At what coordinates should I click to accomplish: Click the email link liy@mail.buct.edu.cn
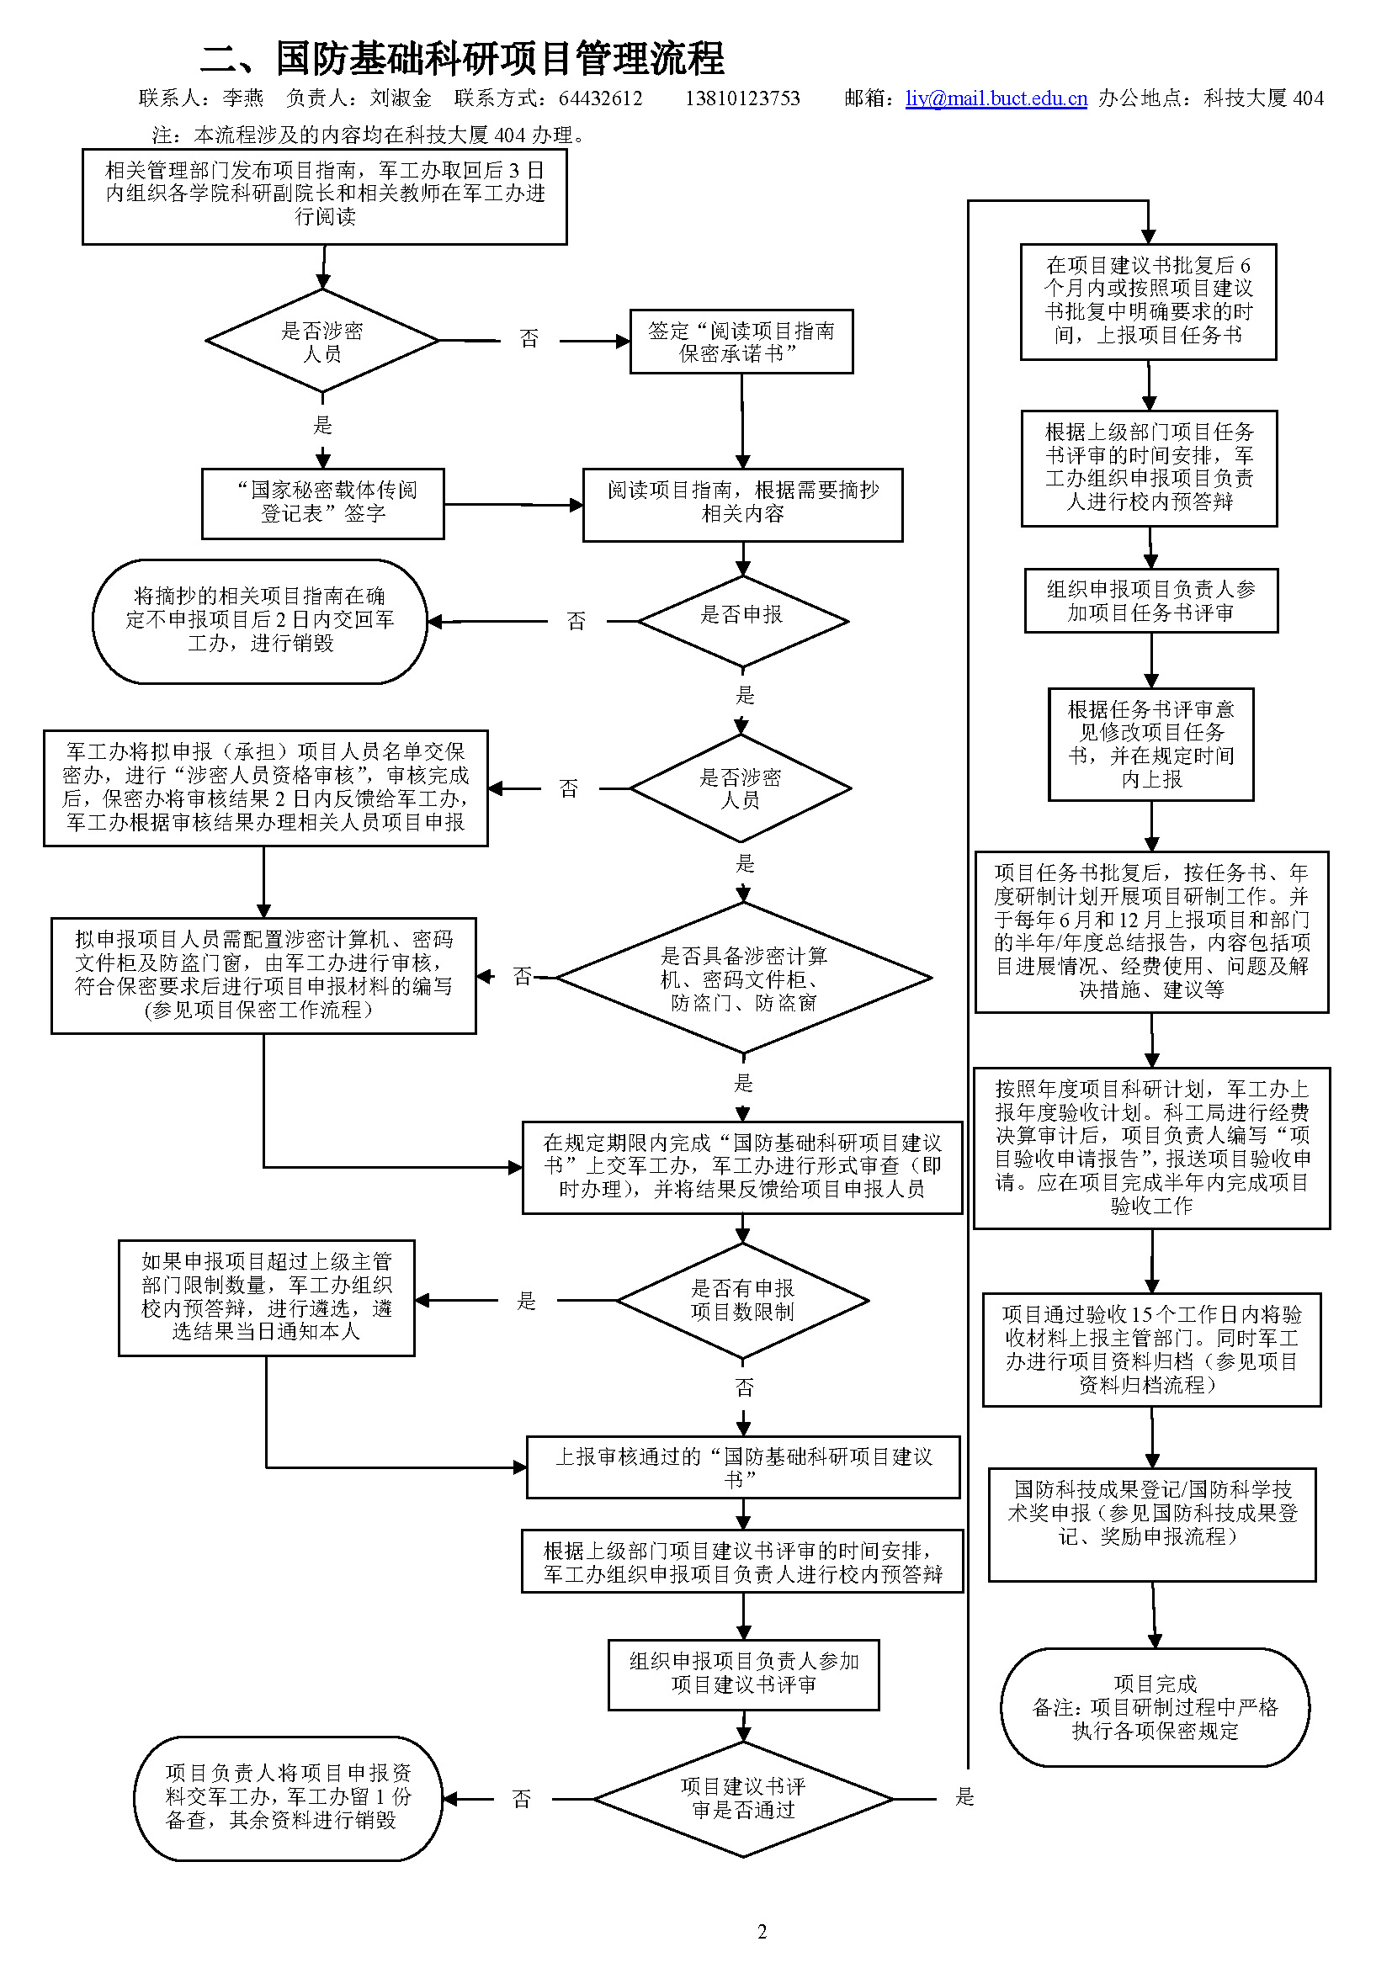[996, 98]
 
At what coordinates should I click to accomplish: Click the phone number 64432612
[600, 98]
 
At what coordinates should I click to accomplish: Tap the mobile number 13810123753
[742, 98]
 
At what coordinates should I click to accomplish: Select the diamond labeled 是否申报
[742, 620]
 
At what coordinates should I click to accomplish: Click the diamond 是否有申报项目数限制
[742, 1299]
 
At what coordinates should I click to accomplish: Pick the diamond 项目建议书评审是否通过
[742, 1798]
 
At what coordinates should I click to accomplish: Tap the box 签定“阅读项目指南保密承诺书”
[741, 341]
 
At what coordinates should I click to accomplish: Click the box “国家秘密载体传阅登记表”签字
[322, 503]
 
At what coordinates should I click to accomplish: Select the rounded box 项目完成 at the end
[1155, 1706]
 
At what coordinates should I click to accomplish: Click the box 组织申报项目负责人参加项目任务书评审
[1150, 600]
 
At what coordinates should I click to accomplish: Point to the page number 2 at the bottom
[762, 1931]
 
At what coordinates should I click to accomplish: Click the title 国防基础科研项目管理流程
[500, 58]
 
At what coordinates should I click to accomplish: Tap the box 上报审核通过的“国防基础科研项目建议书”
[742, 1467]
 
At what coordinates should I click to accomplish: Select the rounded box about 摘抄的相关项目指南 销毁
[260, 621]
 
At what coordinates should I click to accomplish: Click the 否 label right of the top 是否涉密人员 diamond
[529, 339]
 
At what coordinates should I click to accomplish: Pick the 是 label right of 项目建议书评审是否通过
[964, 1796]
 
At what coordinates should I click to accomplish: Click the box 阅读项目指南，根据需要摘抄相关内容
[742, 504]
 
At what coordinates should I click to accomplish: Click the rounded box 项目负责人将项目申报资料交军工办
[288, 1797]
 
